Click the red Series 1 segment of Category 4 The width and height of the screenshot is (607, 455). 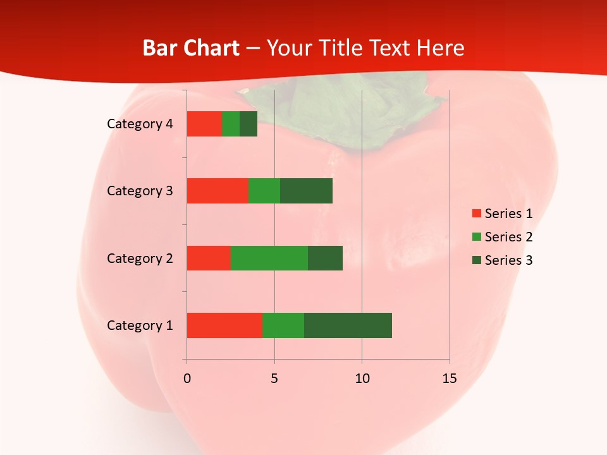[204, 124]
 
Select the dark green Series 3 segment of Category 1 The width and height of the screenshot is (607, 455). [348, 325]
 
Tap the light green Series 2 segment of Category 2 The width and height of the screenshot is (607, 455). [269, 258]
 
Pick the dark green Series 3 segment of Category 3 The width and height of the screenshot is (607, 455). [306, 191]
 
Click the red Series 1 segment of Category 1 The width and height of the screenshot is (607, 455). [224, 325]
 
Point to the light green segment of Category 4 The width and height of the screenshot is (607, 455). [231, 124]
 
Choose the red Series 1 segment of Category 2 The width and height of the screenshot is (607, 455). [209, 258]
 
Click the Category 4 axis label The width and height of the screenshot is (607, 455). [140, 124]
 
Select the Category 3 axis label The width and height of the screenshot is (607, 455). [140, 191]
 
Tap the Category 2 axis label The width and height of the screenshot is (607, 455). [140, 258]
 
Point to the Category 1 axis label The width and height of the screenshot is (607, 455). [140, 325]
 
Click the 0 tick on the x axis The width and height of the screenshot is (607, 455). [187, 379]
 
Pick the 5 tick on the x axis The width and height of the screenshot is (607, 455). [274, 379]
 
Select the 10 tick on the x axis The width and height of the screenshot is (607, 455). [362, 379]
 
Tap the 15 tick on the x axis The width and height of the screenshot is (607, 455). [450, 379]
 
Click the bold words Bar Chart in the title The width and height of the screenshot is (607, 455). [191, 48]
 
